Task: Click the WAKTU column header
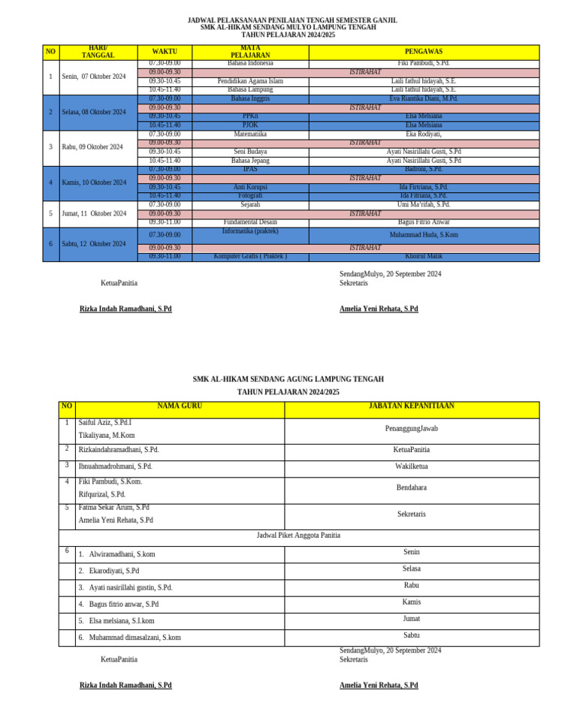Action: click(165, 52)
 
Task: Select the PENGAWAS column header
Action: click(424, 52)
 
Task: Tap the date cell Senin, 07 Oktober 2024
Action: click(94, 77)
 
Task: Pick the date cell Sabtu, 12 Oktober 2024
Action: click(94, 244)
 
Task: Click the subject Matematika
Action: click(250, 134)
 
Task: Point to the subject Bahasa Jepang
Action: click(250, 161)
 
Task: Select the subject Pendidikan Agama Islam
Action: click(250, 81)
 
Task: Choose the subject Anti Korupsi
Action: click(250, 187)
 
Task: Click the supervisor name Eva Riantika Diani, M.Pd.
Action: click(424, 98)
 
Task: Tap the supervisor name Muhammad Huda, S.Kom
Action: click(424, 235)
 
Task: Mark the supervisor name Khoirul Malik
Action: click(424, 257)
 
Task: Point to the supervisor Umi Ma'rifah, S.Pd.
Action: click(424, 204)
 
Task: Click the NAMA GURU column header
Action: click(180, 406)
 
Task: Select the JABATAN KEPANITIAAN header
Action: click(411, 406)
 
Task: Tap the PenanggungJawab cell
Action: click(411, 429)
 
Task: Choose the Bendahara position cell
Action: click(411, 488)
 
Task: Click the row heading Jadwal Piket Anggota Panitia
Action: click(298, 535)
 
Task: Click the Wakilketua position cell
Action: click(411, 466)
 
